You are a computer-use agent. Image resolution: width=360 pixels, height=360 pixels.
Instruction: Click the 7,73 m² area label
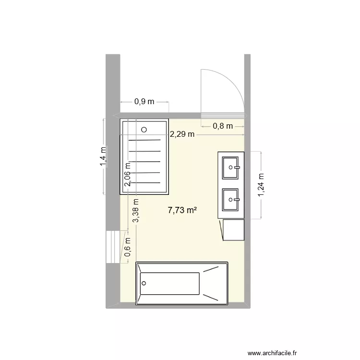183,210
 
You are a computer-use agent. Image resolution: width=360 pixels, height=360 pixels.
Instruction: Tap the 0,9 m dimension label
144,101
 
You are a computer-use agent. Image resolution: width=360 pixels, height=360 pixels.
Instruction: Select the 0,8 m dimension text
223,126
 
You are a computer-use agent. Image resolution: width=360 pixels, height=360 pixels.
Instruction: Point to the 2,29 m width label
182,134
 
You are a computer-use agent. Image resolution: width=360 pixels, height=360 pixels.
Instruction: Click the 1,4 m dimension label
103,156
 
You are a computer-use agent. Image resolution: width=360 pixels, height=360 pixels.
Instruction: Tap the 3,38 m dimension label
136,212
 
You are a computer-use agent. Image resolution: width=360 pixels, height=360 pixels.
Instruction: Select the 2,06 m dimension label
128,174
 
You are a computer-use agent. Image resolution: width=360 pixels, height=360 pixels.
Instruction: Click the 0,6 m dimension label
128,248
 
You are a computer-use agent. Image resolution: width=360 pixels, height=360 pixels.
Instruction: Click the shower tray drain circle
144,129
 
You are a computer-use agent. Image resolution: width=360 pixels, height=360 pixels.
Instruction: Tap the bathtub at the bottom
182,284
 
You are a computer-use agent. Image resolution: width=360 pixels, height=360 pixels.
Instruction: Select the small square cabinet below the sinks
233,230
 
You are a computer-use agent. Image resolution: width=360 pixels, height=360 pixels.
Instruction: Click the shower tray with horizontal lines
144,157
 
